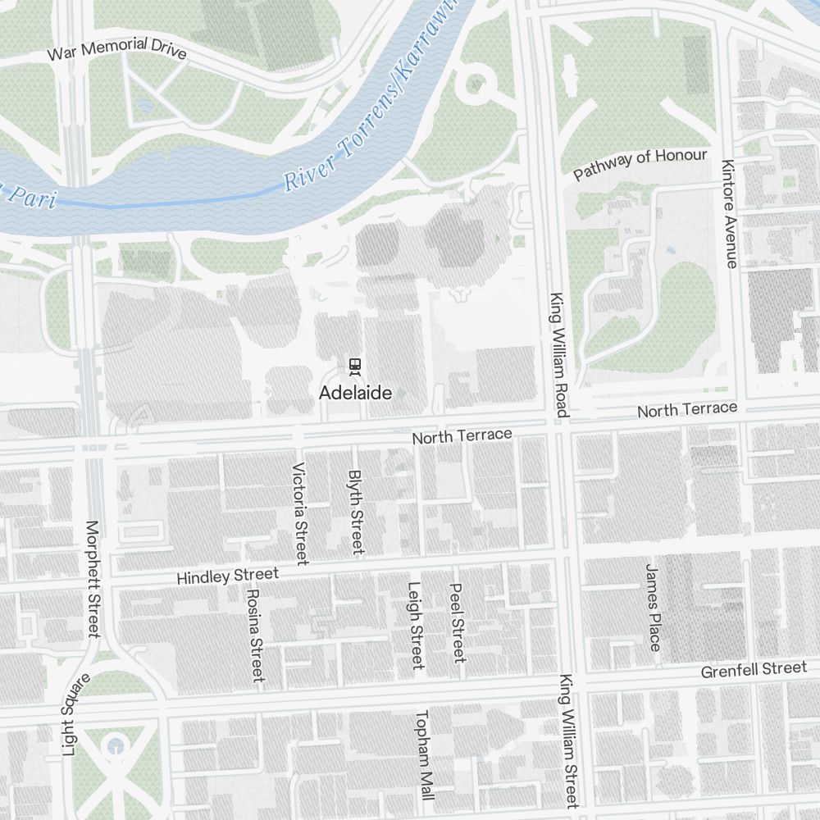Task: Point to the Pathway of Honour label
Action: (640, 165)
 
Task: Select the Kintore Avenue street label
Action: (729, 212)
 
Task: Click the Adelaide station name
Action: (355, 393)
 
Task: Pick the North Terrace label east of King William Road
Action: (687, 409)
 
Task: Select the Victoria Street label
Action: (299, 513)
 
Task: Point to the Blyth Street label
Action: (356, 512)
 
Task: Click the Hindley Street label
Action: (227, 576)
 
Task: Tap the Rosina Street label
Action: (255, 635)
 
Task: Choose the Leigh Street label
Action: (415, 625)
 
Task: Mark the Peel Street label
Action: (458, 622)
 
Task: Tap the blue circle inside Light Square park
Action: (116, 745)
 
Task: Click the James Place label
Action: (653, 607)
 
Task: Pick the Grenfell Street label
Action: (754, 670)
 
